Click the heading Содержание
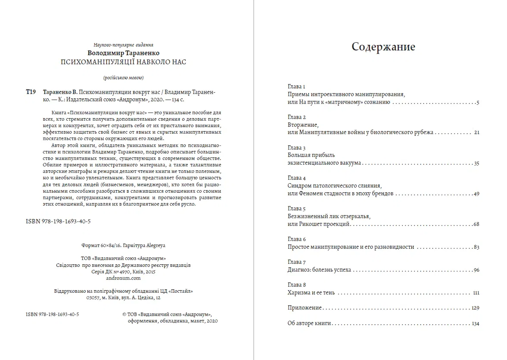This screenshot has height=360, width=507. pos(383,47)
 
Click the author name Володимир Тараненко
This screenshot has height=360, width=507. pos(123,53)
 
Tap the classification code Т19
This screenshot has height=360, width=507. pos(31,92)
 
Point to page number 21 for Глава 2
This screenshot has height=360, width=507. pos(476,132)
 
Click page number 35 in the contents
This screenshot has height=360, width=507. pos(476,163)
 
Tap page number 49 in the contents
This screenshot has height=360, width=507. pos(476,194)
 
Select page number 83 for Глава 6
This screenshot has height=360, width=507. pos(476,247)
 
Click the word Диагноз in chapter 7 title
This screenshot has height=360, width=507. pos(299,270)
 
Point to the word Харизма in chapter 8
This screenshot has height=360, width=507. pos(299,293)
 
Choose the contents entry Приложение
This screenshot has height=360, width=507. pos(305,308)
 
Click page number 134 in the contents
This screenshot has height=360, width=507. pos(476,323)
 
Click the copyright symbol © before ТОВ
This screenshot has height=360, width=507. pos(124,315)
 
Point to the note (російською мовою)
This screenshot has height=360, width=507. pos(123,78)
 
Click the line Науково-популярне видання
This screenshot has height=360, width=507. pos(123,45)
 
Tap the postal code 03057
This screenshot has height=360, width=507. pos(93,297)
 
